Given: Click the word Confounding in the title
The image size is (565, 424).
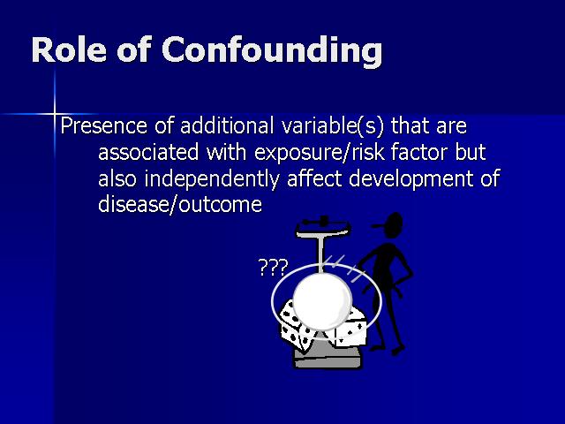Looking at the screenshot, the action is tap(272, 50).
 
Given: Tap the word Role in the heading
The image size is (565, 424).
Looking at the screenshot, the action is tap(69, 49).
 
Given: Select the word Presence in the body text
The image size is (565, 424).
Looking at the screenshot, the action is tap(104, 125).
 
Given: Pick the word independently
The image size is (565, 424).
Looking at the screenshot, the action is tap(212, 178).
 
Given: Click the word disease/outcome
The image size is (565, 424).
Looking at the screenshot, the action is tap(180, 204).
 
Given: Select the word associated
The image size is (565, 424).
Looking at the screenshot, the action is tap(148, 152).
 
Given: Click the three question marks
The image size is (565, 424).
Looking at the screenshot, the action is tap(274, 268).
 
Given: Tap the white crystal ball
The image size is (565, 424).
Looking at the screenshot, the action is tap(322, 300).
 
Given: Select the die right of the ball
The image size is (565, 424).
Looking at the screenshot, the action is tap(350, 329).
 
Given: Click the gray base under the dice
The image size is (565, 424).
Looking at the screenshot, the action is tap(328, 358).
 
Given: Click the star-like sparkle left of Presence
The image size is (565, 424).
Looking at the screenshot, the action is tap(54, 114).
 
